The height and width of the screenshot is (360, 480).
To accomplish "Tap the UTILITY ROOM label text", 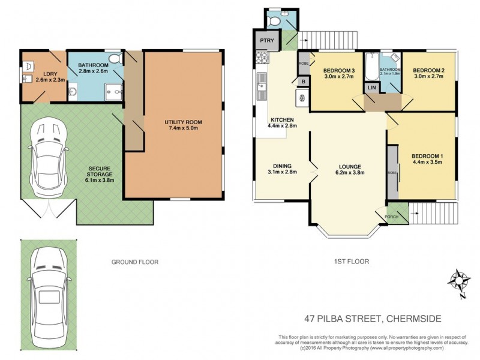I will coord(184,122).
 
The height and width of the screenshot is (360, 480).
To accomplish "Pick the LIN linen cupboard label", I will coord(371,88).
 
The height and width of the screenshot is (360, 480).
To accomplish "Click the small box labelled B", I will coord(304,82).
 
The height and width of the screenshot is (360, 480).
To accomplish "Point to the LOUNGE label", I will coord(347,166).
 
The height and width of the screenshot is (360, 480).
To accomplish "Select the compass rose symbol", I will coord(460,282).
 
